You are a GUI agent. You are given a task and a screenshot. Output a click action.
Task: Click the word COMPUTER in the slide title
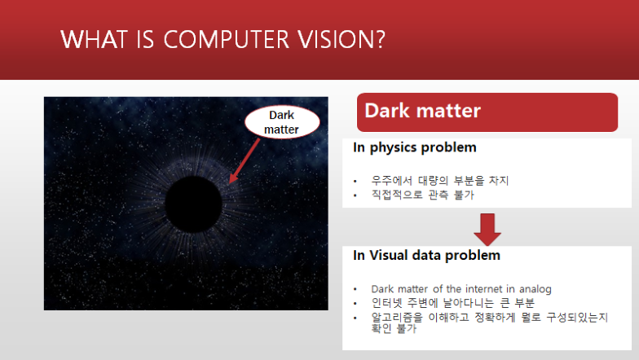pyautogui.click(x=227, y=39)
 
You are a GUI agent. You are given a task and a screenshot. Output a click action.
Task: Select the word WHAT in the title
pyautogui.click(x=94, y=39)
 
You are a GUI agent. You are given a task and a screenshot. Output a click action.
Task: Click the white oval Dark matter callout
pyautogui.click(x=282, y=122)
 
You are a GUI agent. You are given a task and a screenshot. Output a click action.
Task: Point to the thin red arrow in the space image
pyautogui.click(x=245, y=161)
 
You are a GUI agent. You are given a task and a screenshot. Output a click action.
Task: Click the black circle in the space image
pyautogui.click(x=194, y=204)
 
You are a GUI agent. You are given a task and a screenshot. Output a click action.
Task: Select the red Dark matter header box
pyautogui.click(x=487, y=112)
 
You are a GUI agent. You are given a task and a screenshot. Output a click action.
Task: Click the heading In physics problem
pyautogui.click(x=414, y=147)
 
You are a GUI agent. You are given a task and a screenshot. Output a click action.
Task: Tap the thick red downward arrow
pyautogui.click(x=487, y=230)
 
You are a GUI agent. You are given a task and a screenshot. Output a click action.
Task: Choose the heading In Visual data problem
pyautogui.click(x=427, y=256)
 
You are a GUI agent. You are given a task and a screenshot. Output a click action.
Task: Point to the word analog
pyautogui.click(x=535, y=289)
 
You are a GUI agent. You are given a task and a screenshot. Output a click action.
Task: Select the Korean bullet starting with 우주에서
pyautogui.click(x=440, y=181)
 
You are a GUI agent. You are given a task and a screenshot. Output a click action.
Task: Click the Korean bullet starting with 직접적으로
pyautogui.click(x=422, y=195)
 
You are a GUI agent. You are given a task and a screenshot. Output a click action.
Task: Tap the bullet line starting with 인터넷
pyautogui.click(x=453, y=303)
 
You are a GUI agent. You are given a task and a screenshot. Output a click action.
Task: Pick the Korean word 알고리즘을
pyautogui.click(x=397, y=318)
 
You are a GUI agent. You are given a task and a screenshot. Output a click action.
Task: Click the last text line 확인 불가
pyautogui.click(x=394, y=329)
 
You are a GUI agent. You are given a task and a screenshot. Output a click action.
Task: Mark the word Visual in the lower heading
pyautogui.click(x=389, y=256)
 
